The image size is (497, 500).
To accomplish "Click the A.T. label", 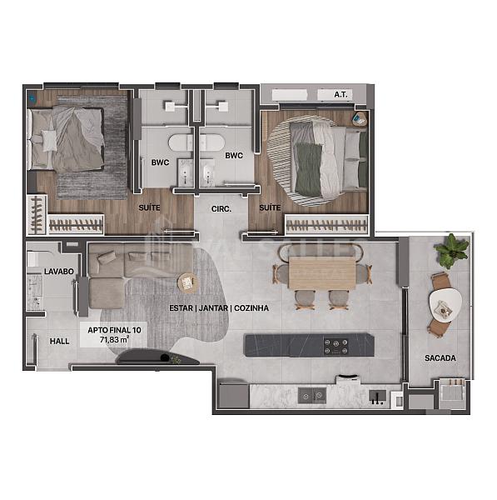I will click(340, 95).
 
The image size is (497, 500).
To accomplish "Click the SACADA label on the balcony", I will click(439, 358).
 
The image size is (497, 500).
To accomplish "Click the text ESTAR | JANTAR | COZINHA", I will click(218, 307).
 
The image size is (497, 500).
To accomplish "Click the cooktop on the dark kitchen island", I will click(335, 343).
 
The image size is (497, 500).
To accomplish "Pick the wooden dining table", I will click(323, 272).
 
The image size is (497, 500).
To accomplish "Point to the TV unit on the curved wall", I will click(158, 359).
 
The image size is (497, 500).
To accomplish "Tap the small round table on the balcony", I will click(442, 305).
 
